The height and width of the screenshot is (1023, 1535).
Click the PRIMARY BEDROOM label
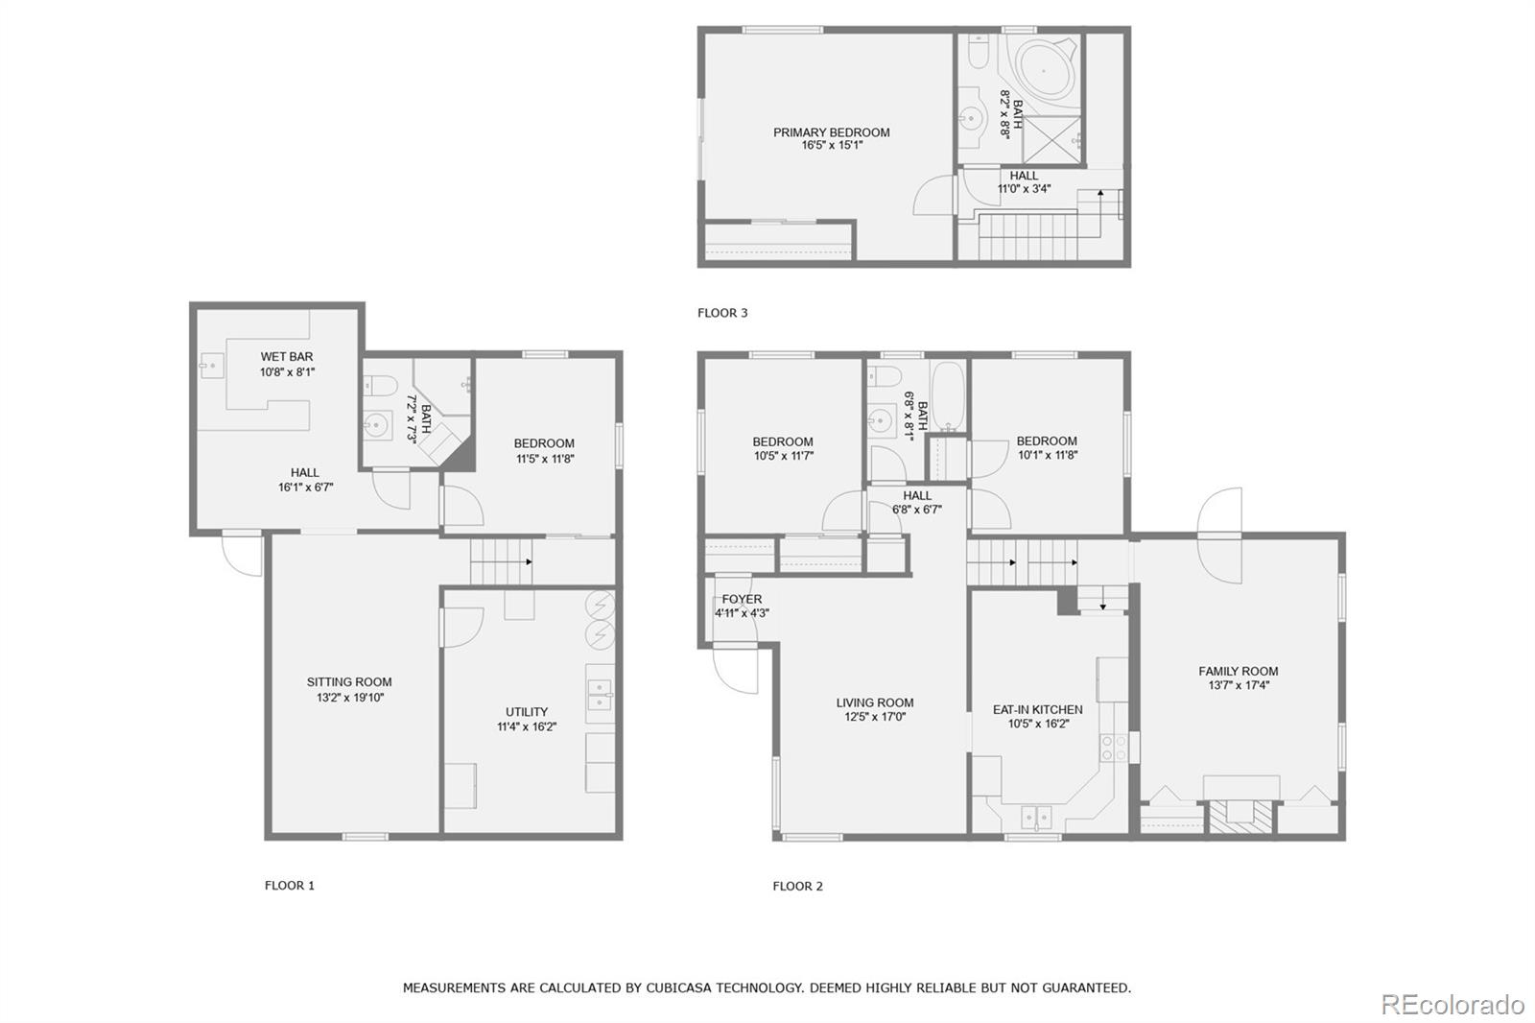point(831,132)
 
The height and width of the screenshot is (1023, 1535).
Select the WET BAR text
point(286,357)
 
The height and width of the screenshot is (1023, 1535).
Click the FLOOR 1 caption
point(289,886)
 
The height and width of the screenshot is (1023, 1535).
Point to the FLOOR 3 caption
point(722,313)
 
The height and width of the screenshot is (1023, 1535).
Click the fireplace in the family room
point(1240,816)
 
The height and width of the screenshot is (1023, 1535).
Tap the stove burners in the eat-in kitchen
point(1113,749)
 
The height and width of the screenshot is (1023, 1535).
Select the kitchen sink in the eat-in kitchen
point(1036,818)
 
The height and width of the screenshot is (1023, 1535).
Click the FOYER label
point(742,599)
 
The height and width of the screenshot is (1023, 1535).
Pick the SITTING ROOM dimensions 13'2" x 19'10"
point(349,698)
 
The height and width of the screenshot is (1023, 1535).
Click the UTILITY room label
point(527,712)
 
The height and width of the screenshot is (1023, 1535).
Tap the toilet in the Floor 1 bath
point(381,386)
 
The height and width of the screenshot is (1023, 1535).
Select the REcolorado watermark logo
point(1452,1005)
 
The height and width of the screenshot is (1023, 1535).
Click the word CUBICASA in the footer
point(678,987)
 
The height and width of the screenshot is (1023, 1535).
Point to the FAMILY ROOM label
point(1238,672)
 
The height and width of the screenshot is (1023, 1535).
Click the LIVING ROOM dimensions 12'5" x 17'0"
point(874,717)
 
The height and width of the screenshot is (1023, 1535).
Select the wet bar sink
point(211,365)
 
